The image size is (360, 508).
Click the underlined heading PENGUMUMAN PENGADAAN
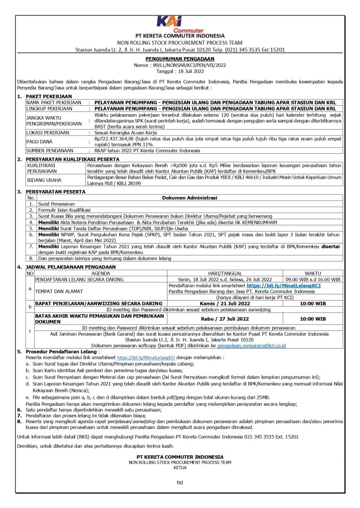tap(180, 59)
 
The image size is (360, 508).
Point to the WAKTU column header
tap(312, 273)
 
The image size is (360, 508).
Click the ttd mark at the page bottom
tap(180, 482)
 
